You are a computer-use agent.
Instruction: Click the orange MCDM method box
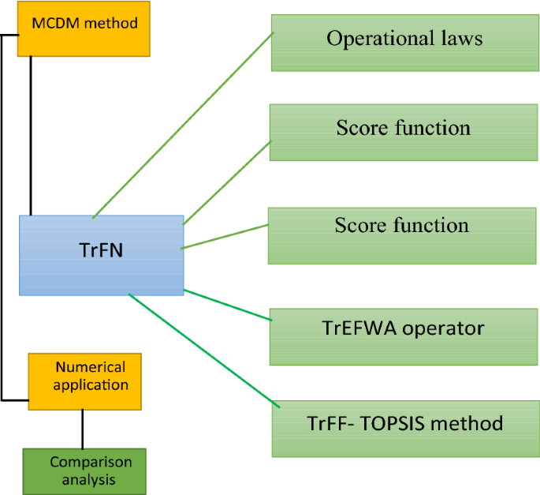coord(84,29)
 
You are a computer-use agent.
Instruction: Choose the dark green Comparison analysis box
coord(84,471)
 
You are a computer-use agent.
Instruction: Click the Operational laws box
coord(404,43)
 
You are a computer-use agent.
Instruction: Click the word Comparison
coord(91,462)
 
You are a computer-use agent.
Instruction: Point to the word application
coord(91,385)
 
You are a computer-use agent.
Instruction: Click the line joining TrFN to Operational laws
coord(183,126)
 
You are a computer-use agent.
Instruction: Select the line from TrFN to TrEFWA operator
coord(228,305)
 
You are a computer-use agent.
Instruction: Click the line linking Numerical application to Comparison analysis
coord(83,429)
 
